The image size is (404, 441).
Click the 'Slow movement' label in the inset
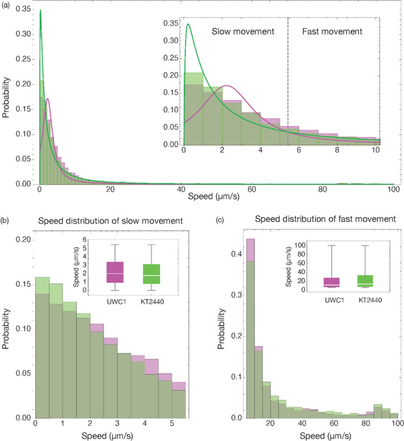[243, 31]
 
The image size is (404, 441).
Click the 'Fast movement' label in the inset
[332, 31]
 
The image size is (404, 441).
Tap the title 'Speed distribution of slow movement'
[111, 221]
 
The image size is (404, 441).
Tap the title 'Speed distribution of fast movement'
[325, 219]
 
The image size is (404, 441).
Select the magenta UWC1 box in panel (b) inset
[115, 272]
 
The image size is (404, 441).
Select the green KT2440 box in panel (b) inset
[152, 274]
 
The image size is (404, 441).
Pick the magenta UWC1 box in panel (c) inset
[332, 283]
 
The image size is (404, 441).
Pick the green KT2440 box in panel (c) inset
[365, 281]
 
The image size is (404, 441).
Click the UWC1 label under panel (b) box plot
[116, 302]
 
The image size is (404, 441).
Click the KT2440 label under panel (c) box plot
[370, 300]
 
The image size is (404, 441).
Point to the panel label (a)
[6, 5]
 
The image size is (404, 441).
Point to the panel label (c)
[220, 220]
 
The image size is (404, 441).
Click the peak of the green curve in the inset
[188, 24]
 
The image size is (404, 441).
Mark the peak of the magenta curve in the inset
[227, 85]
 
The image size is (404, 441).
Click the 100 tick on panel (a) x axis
[394, 189]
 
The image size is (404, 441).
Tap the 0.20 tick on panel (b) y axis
[23, 240]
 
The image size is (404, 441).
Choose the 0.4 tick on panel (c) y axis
[236, 254]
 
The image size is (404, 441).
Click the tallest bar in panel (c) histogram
[251, 329]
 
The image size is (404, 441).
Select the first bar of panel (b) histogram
[42, 348]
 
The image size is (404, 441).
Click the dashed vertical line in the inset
[288, 81]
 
